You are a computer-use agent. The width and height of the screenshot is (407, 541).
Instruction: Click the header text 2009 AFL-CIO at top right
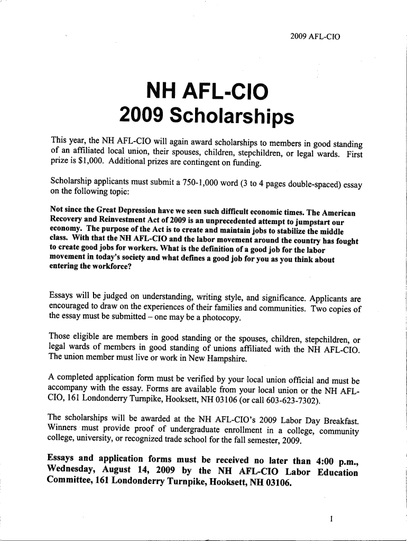tap(316, 37)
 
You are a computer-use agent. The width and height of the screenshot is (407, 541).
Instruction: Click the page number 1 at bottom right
tap(331, 519)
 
